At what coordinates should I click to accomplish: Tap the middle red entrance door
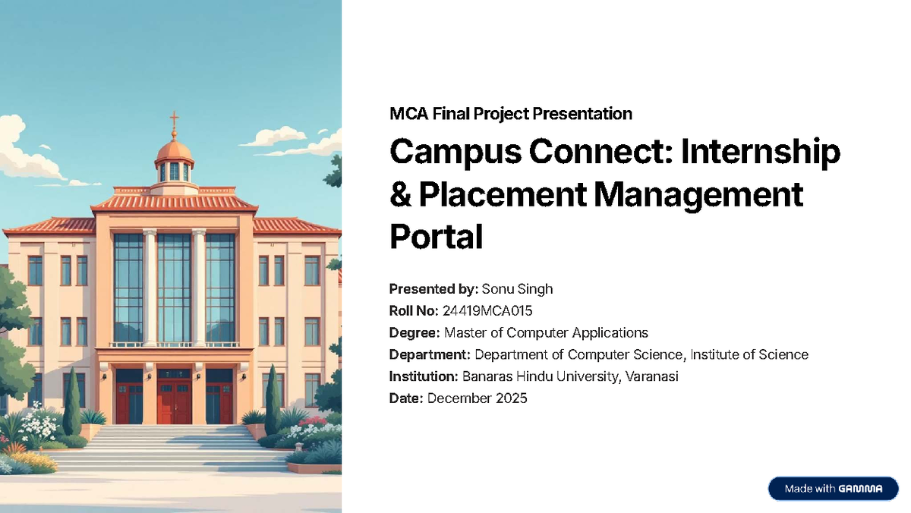coord(174,401)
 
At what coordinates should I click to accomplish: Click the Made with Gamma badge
coord(833,489)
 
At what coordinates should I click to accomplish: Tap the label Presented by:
coord(433,288)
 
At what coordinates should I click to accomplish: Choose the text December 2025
coord(477,398)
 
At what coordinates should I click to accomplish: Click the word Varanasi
coord(651,376)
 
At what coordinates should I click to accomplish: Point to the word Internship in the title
coord(761,153)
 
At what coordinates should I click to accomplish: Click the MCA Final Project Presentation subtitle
coord(510,114)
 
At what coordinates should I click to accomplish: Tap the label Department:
coord(430,354)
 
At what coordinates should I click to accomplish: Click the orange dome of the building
coord(174,150)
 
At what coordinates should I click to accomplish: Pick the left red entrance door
coord(129,401)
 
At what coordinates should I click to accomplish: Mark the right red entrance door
coord(219,401)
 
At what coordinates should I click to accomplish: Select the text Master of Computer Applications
coord(546,332)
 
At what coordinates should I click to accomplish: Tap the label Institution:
coord(423,376)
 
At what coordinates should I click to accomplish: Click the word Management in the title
coord(698,195)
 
